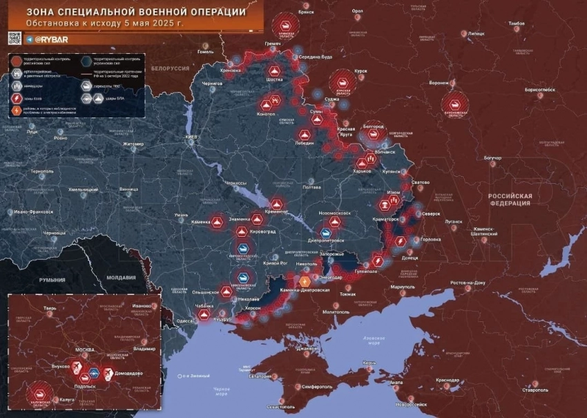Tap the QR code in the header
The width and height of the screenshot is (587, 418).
[15, 39]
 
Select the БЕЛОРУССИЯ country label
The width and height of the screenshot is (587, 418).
[171, 68]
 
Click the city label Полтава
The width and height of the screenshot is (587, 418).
[311, 187]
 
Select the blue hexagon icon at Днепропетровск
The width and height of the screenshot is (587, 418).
[325, 234]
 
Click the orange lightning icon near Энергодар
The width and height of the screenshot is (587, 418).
[305, 281]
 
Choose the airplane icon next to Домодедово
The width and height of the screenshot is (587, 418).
[108, 373]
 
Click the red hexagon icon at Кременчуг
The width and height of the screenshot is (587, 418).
[277, 205]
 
